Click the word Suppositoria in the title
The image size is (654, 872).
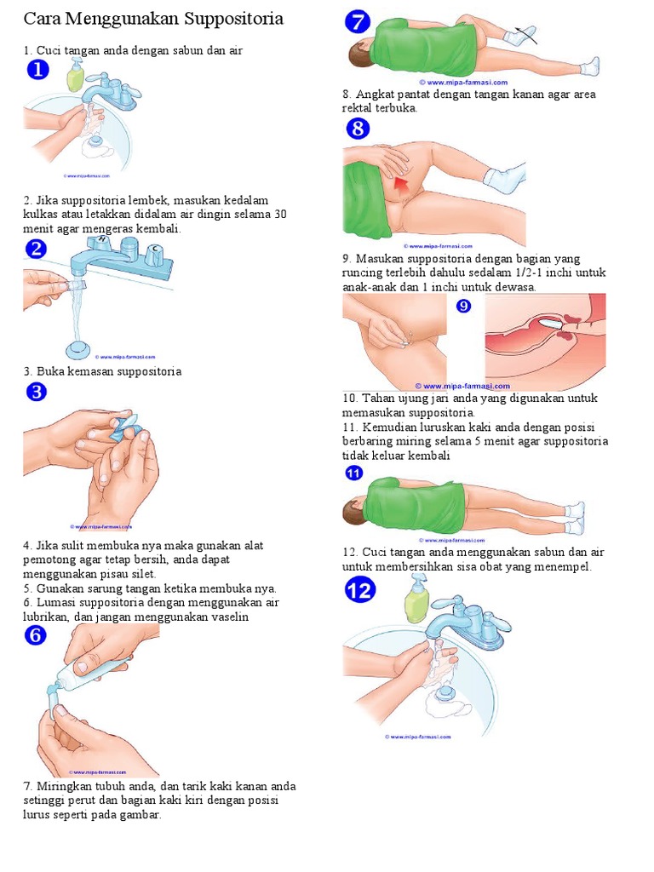click(232, 19)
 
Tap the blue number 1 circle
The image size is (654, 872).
click(38, 70)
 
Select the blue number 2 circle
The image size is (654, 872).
click(37, 250)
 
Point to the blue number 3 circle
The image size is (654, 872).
click(37, 393)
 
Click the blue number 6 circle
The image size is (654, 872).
click(36, 635)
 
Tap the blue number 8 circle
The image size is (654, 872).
click(359, 129)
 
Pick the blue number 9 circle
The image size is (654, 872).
click(463, 306)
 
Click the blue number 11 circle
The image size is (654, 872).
click(353, 473)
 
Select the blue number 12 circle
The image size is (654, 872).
click(360, 589)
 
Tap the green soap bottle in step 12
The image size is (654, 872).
click(416, 605)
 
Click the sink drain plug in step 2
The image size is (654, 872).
click(78, 349)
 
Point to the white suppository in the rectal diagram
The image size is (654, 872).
click(552, 323)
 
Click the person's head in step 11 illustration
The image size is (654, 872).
click(353, 511)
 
